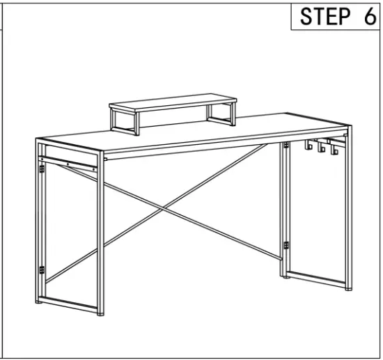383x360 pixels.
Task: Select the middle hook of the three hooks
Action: (x=321, y=148)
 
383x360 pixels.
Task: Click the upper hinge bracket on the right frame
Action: (x=286, y=145)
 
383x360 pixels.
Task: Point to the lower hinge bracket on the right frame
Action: (x=286, y=244)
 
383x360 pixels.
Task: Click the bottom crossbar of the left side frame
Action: (x=70, y=303)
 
